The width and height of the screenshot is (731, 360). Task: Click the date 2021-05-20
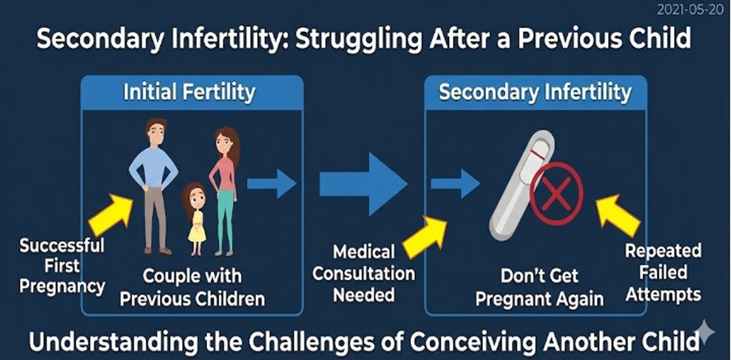pos(690,10)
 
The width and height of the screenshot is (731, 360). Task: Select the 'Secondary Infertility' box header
pos(535,92)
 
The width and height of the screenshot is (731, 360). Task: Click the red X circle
pos(557,193)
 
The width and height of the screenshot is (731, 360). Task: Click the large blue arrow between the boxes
pos(363,184)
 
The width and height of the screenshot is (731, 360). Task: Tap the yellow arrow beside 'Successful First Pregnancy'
pos(110,215)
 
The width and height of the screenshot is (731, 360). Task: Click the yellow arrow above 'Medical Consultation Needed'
pos(424,237)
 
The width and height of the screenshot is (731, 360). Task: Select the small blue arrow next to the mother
pos(271,184)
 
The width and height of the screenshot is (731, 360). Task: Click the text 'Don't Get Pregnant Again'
pos(539,287)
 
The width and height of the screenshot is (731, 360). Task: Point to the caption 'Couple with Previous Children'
pos(192,287)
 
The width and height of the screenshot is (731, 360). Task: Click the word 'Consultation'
pos(364,273)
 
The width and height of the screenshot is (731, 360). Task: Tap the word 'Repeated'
pos(663,251)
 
